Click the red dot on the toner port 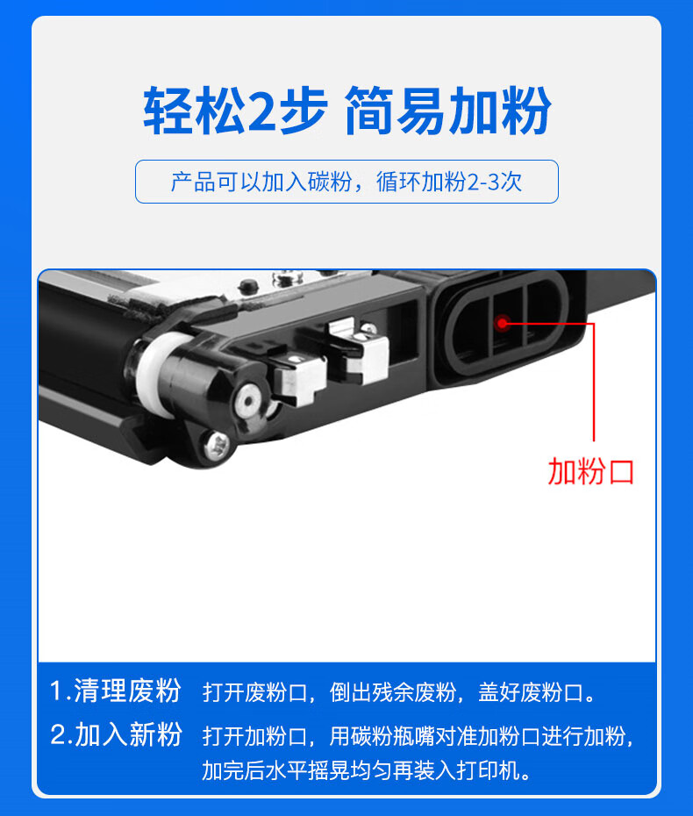(502, 323)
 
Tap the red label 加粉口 (591, 472)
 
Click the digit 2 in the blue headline (264, 111)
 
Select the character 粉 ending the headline (525, 111)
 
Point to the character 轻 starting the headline (168, 111)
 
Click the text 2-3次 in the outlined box (494, 182)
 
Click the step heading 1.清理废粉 (116, 691)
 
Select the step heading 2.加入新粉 (116, 734)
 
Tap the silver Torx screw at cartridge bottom (217, 446)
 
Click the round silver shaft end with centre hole (248, 402)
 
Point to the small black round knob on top (248, 285)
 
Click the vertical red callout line (593, 382)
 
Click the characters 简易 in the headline (396, 111)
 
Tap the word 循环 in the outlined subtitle (398, 182)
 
